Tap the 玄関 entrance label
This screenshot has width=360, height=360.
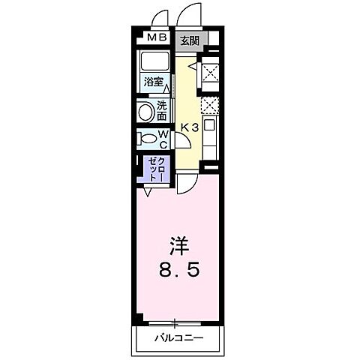(189, 40)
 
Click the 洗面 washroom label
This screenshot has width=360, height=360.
(162, 112)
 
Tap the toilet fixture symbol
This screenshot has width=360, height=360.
(146, 139)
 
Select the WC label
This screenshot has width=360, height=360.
(163, 139)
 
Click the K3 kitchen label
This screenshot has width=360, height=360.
(189, 129)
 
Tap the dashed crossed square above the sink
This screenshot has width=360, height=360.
(211, 106)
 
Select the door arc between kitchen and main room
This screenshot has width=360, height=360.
(189, 182)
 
